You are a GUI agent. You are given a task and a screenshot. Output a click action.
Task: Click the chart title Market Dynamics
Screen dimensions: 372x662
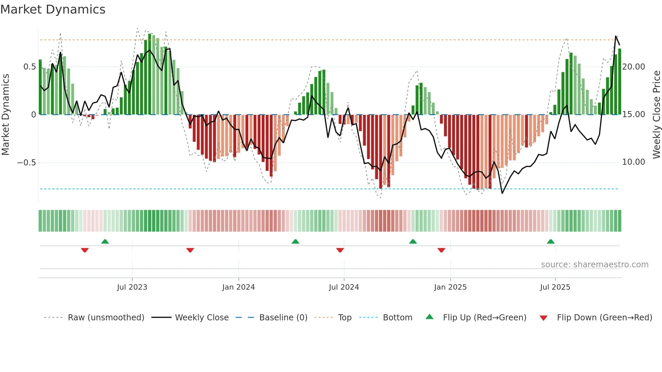(x=53, y=9)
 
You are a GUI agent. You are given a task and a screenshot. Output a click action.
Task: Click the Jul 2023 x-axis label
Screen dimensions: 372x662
(x=132, y=287)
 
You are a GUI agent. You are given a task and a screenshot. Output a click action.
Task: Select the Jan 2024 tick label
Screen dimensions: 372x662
(x=238, y=287)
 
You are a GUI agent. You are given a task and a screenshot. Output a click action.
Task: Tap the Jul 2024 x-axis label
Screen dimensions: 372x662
(x=344, y=287)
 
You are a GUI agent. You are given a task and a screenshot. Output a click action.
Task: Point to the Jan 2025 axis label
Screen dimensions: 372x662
(x=450, y=287)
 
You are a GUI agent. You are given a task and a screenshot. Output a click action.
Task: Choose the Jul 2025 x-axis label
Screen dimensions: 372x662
(x=555, y=287)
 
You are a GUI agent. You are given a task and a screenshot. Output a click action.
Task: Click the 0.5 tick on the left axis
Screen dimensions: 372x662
(x=29, y=67)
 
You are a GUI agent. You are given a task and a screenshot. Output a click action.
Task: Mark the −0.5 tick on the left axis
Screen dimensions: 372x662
(x=27, y=163)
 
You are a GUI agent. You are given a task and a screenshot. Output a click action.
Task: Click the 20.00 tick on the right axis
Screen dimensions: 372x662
(x=634, y=67)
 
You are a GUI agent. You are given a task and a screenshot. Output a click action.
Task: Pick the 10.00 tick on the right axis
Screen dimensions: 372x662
(x=634, y=162)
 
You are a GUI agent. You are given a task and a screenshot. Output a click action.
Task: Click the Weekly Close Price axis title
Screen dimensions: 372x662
(x=656, y=115)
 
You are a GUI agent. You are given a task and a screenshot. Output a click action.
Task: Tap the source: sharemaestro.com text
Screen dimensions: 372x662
(x=594, y=265)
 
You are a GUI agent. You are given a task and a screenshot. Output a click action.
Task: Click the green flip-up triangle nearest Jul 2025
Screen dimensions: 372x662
(x=551, y=242)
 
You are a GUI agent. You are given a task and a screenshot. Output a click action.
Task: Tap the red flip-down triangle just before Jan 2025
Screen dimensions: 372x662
(x=441, y=250)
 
